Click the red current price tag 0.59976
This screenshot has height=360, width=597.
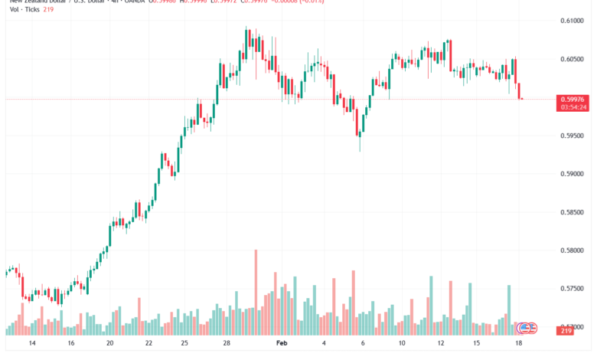[x=574, y=98]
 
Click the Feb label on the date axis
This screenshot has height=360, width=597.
[x=282, y=344]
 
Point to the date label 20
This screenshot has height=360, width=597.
[x=110, y=344]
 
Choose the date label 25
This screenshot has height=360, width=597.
[x=184, y=344]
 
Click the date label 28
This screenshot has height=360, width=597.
[x=227, y=344]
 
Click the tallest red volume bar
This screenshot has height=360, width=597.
[x=256, y=292]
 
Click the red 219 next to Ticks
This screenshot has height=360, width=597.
[x=47, y=9]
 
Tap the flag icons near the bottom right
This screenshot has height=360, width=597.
[x=527, y=328]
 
